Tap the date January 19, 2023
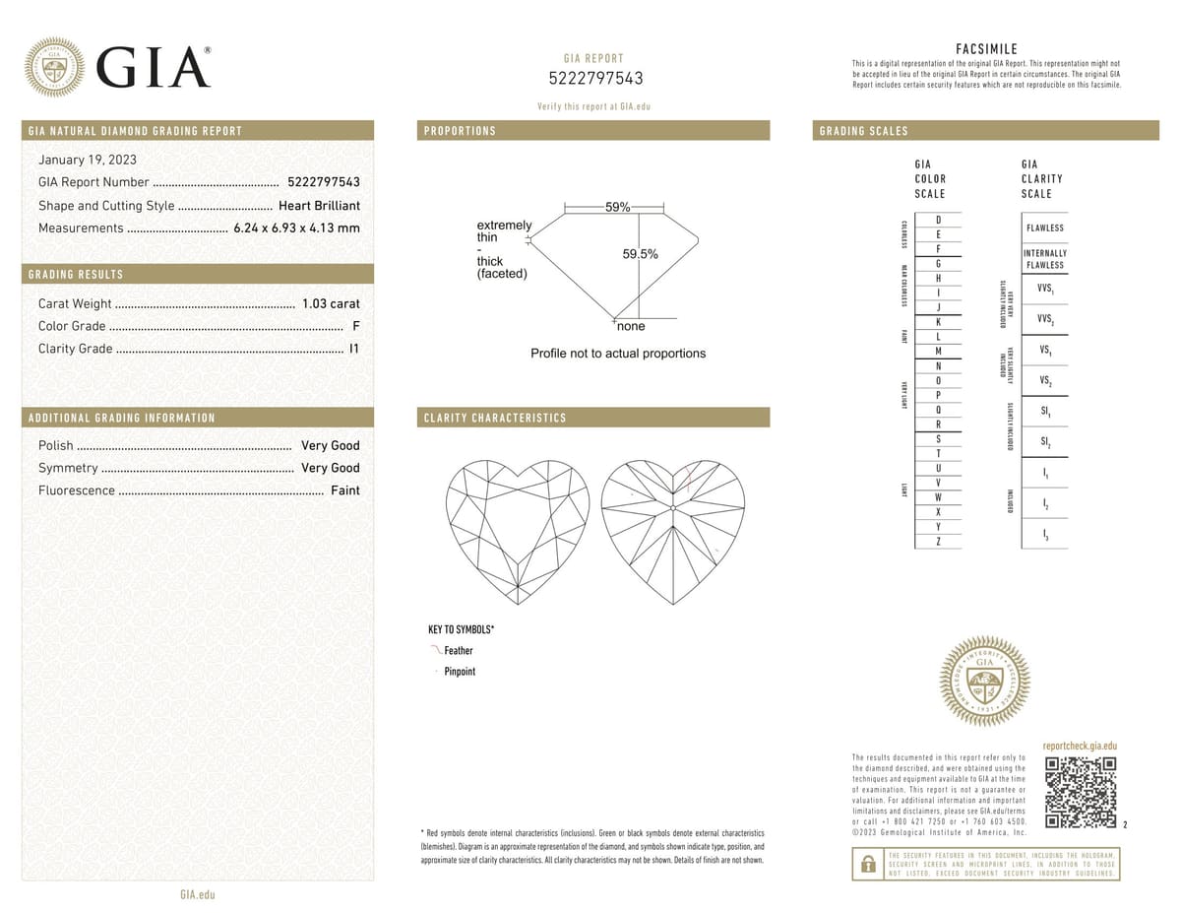click(x=87, y=160)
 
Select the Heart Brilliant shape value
click(x=319, y=206)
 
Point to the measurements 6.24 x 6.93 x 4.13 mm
click(x=296, y=228)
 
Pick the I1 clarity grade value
click(x=354, y=349)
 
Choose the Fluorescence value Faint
click(x=344, y=490)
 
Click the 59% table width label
click(x=618, y=208)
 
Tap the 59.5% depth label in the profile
click(x=640, y=254)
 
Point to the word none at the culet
click(x=631, y=326)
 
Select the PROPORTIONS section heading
click(x=460, y=131)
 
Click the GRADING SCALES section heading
click(x=863, y=131)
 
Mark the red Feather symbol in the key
click(x=436, y=650)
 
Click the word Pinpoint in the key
click(x=460, y=672)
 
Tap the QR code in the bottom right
click(x=1081, y=793)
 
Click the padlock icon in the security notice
click(x=868, y=864)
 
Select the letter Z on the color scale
click(x=938, y=542)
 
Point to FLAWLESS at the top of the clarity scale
click(x=1044, y=228)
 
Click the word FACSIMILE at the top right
click(x=986, y=49)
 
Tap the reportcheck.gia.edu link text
click(x=1080, y=748)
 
